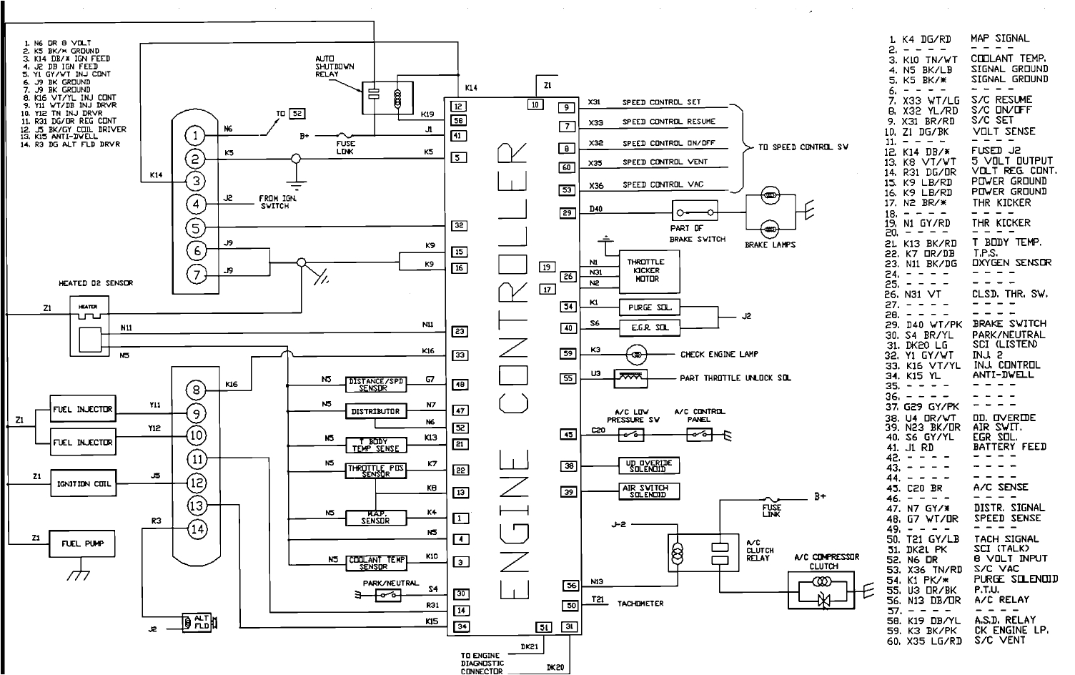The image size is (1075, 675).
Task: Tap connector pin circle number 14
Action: click(x=197, y=529)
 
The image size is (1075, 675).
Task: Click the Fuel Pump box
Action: click(x=82, y=544)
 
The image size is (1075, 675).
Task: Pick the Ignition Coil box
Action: click(x=84, y=484)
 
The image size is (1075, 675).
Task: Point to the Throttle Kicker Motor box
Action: click(x=645, y=271)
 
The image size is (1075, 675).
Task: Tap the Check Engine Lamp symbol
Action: click(x=638, y=354)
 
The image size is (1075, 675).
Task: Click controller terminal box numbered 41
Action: click(x=459, y=136)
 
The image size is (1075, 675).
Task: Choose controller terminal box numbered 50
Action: click(x=570, y=606)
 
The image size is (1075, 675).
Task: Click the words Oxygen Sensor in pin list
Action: click(x=1011, y=262)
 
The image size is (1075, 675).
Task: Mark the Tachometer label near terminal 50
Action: click(x=640, y=603)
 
